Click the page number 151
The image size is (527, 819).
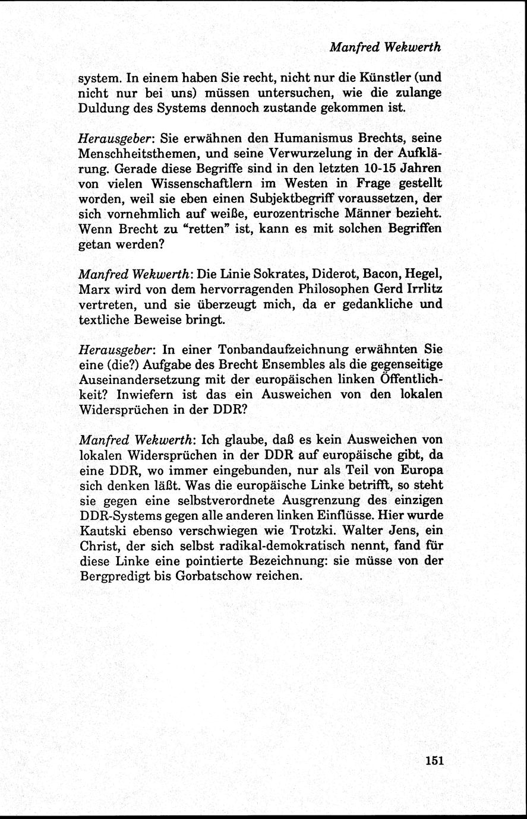(x=435, y=761)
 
